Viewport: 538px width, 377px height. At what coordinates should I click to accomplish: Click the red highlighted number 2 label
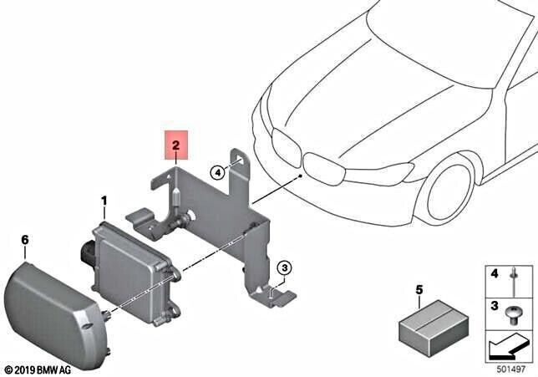click(x=176, y=145)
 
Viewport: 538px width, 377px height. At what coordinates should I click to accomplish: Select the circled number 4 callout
click(x=217, y=172)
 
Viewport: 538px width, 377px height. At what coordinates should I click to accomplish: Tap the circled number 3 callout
click(x=284, y=267)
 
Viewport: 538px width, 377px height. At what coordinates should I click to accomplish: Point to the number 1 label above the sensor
click(x=104, y=201)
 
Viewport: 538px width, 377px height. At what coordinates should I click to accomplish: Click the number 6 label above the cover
click(x=25, y=240)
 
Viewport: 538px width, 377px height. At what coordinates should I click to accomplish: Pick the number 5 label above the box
click(x=419, y=290)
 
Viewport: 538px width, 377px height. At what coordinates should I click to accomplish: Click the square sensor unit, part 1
click(x=134, y=272)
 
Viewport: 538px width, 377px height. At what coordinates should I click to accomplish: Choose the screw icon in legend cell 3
click(x=513, y=315)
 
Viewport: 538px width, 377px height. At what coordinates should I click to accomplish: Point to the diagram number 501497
click(x=511, y=369)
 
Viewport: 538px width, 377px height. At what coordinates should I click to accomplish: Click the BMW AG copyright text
click(x=38, y=370)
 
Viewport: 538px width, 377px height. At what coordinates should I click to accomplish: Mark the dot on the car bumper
click(x=300, y=176)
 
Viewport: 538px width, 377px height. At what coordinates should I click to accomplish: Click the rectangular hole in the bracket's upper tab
click(x=240, y=159)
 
